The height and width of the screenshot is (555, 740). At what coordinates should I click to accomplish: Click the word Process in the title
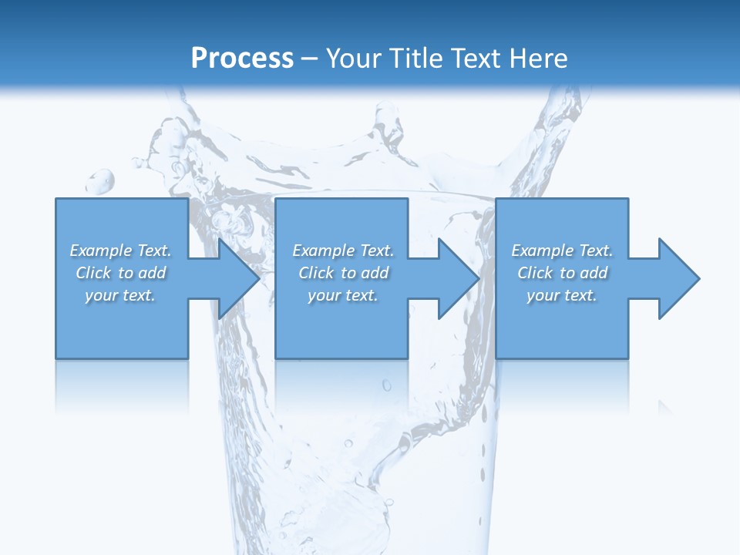242,59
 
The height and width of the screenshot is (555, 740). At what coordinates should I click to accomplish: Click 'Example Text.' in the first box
120,251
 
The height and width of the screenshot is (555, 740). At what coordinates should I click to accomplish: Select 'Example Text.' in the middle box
343,251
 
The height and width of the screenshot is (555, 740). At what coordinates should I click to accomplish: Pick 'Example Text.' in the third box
562,251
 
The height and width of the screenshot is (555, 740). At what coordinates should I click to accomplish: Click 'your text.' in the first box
120,295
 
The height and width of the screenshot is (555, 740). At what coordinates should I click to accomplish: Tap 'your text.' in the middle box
343,295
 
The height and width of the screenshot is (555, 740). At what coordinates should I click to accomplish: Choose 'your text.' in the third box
562,295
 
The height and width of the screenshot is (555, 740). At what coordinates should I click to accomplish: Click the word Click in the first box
93,273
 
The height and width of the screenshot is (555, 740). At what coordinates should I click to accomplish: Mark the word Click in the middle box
316,273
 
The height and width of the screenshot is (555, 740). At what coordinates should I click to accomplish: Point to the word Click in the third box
535,273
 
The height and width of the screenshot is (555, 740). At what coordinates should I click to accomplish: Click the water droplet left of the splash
101,181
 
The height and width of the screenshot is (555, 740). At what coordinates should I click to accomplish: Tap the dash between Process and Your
310,59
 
